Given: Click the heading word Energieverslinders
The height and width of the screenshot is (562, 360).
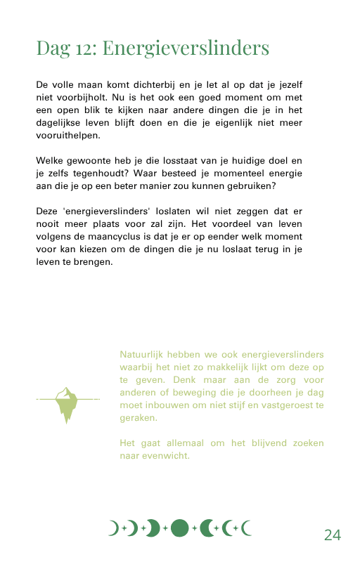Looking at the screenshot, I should click(186, 49).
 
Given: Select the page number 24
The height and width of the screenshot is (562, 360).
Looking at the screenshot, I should click(332, 535).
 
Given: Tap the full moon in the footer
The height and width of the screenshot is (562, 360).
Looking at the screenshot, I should click(179, 528).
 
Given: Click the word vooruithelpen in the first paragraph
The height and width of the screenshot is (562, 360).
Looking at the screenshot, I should click(68, 136).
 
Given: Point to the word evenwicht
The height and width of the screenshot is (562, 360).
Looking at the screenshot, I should click(164, 456).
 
